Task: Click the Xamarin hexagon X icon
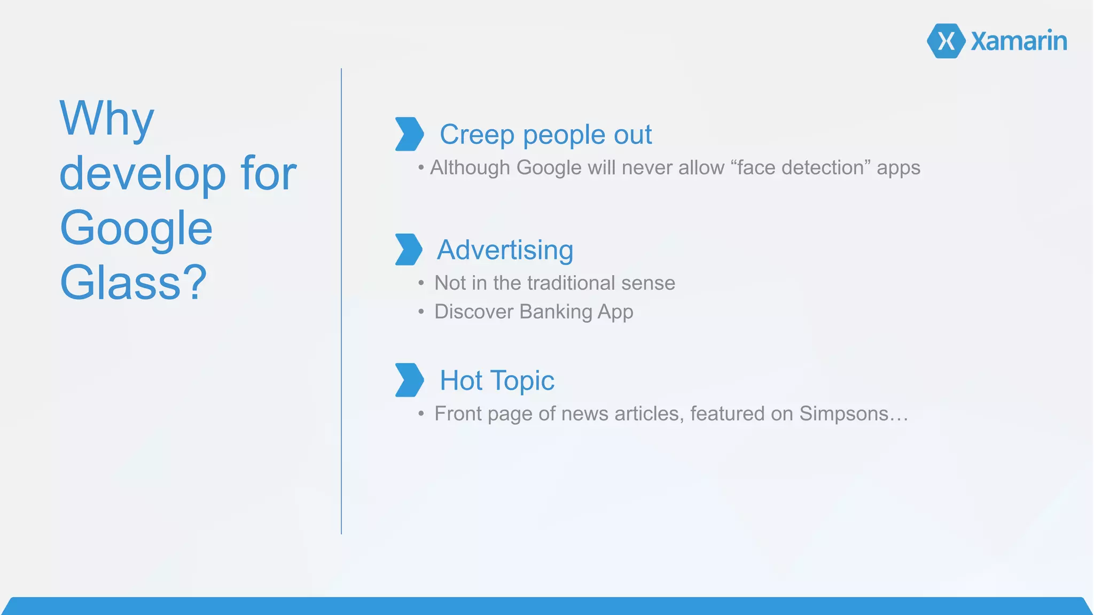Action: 946,41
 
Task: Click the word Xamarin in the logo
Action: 1019,41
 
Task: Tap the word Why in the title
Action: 107,119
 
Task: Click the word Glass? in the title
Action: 133,283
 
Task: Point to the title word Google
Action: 136,229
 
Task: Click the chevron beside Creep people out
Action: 409,134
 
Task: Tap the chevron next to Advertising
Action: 409,250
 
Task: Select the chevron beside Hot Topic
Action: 409,380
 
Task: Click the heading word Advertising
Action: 505,250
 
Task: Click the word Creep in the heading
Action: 476,135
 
